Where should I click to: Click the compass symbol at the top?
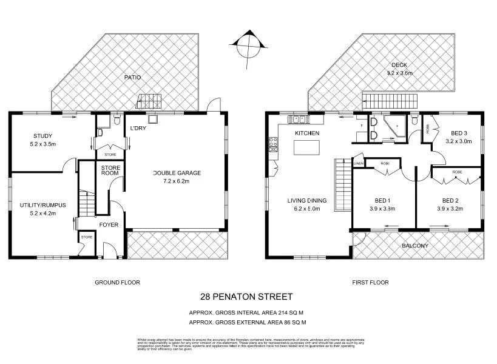tap(248, 44)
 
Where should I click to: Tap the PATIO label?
tap(132, 77)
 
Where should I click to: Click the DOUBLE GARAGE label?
tap(177, 173)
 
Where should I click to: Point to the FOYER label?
tap(109, 225)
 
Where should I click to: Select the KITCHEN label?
tap(306, 133)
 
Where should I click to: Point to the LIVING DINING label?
tap(307, 201)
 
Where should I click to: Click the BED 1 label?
tap(382, 201)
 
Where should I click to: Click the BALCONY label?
tap(415, 246)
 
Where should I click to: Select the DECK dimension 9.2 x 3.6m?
tap(400, 73)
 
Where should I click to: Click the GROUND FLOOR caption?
tap(118, 282)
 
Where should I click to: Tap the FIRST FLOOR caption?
tap(370, 282)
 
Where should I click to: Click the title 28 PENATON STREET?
tap(246, 297)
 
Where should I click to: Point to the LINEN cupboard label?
tap(358, 164)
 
